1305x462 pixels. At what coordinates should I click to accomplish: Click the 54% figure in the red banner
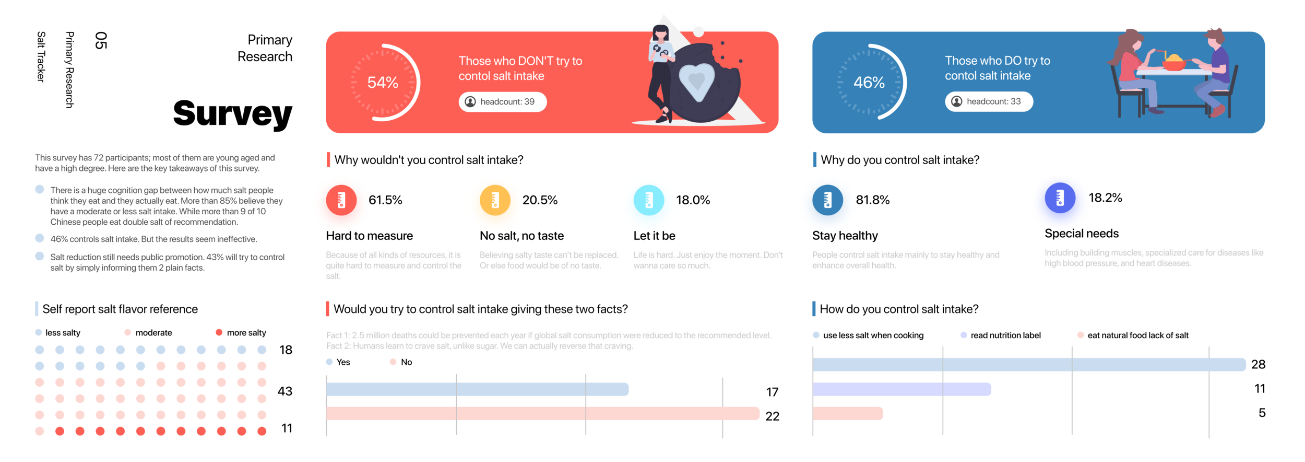pyautogui.click(x=383, y=82)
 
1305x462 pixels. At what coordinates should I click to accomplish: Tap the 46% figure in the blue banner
pyautogui.click(x=869, y=82)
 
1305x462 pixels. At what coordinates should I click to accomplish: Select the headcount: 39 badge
pyautogui.click(x=502, y=101)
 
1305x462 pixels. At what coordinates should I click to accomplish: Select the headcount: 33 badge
pyautogui.click(x=988, y=101)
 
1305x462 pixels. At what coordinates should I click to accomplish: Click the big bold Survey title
pyautogui.click(x=232, y=113)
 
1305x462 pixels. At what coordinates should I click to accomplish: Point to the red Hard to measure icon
pyautogui.click(x=341, y=200)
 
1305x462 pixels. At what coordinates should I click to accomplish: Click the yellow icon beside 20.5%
pyautogui.click(x=494, y=200)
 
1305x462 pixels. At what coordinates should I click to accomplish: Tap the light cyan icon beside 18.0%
pyautogui.click(x=648, y=200)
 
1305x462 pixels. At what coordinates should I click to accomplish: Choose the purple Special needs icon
pyautogui.click(x=1060, y=198)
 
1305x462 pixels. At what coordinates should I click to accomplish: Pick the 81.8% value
pyautogui.click(x=872, y=200)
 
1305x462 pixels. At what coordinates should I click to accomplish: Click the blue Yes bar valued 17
pyautogui.click(x=477, y=389)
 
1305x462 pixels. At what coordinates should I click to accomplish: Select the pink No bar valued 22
pyautogui.click(x=542, y=413)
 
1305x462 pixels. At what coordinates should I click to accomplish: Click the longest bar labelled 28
pyautogui.click(x=1028, y=364)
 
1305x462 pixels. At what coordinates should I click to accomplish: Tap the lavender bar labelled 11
pyautogui.click(x=901, y=389)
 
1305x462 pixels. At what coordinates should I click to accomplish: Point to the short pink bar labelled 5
pyautogui.click(x=848, y=413)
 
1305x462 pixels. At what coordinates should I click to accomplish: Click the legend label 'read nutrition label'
pyautogui.click(x=1005, y=336)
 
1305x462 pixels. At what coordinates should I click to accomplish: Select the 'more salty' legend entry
pyautogui.click(x=246, y=333)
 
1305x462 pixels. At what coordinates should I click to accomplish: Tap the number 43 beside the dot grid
pyautogui.click(x=285, y=391)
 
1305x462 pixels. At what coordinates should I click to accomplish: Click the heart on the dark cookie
pyautogui.click(x=696, y=81)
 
